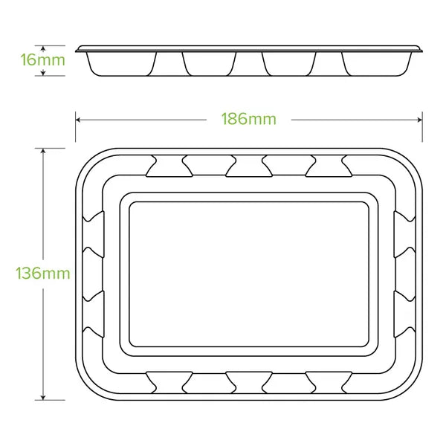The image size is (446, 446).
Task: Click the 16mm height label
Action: pos(43,59)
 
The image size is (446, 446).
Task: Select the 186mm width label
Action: pos(248,119)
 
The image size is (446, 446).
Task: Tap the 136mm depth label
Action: pos(43,273)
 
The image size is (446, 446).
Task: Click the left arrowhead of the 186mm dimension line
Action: pos(78,119)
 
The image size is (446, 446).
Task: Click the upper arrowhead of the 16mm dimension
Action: pos(44,48)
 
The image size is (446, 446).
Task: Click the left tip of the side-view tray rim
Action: pos(77,49)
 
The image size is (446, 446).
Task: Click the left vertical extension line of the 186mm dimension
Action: pos(75,126)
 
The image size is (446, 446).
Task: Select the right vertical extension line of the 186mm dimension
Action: pos(422,126)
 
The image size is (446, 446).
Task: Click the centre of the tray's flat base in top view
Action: pos(248,274)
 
